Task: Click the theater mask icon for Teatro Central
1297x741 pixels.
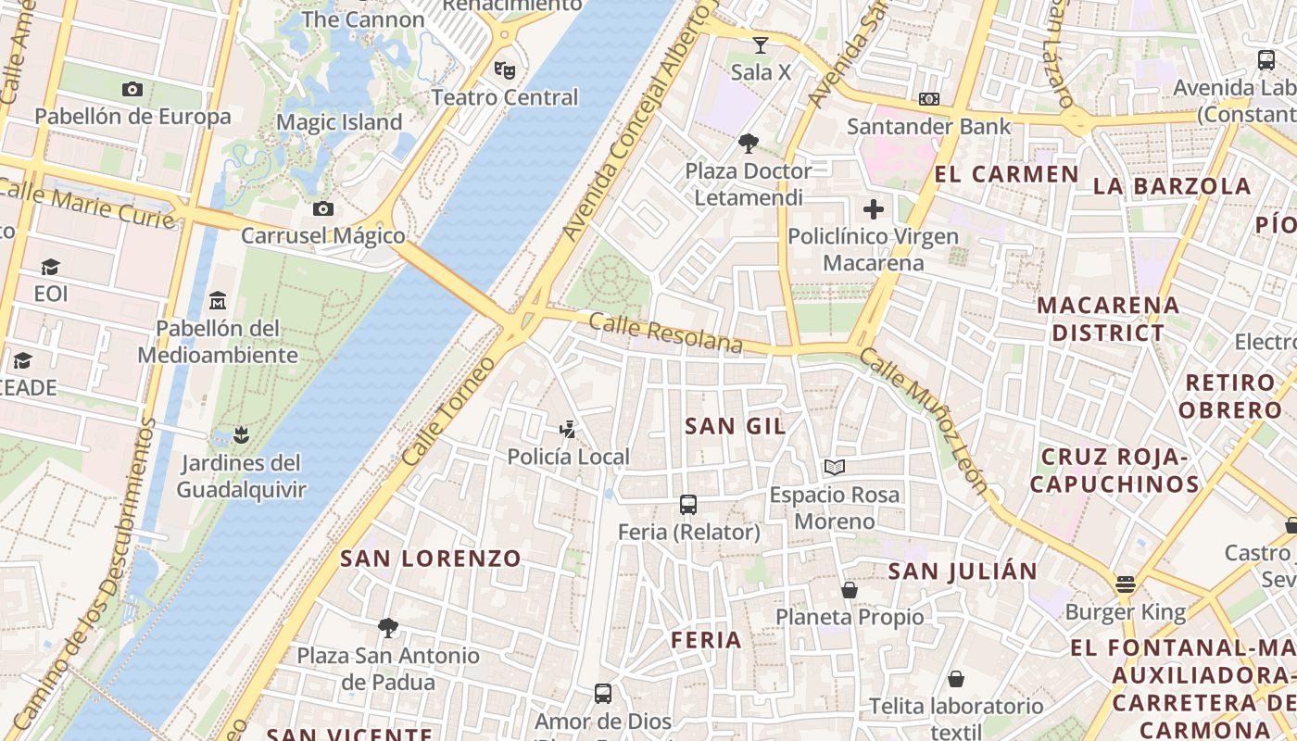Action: pos(504,69)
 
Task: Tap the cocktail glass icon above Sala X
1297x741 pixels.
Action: pos(761,44)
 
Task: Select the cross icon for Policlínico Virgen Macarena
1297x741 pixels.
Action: pos(873,209)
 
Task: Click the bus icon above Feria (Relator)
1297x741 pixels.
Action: pos(687,505)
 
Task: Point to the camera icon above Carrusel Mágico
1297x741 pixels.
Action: pos(322,208)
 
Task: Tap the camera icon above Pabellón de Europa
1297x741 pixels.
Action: pos(132,89)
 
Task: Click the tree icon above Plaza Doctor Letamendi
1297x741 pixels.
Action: pos(748,144)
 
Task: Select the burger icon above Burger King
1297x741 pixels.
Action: pos(1125,584)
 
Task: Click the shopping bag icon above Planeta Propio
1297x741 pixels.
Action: pos(849,589)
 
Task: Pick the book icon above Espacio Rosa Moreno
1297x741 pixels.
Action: pos(834,467)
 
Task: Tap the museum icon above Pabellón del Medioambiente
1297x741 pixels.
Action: pos(218,300)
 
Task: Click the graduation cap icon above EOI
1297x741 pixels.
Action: pos(50,267)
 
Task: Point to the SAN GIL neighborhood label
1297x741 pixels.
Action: pos(735,426)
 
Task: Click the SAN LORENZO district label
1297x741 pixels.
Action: pos(431,559)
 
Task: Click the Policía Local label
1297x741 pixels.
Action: pos(568,457)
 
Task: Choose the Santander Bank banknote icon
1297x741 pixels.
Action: pos(929,99)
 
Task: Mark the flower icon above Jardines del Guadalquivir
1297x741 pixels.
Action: pos(241,434)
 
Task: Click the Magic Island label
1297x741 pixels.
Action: pos(339,122)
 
